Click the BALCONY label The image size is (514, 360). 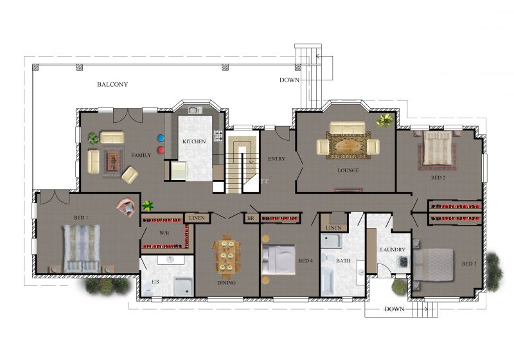[x=112, y=84]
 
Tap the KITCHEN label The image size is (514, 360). [x=194, y=141]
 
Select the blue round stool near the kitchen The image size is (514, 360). [x=161, y=138]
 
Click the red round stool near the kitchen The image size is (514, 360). [x=161, y=150]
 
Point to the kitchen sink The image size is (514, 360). [x=195, y=109]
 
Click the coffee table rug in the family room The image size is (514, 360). [x=114, y=161]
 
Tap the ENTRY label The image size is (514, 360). [x=277, y=159]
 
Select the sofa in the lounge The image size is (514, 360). [x=347, y=127]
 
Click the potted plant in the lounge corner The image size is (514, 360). [x=385, y=120]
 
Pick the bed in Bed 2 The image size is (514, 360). [x=437, y=148]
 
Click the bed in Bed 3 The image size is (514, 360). [x=433, y=265]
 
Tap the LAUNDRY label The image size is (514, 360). [x=393, y=249]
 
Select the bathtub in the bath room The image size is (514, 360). [x=327, y=281]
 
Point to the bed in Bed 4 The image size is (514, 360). [x=279, y=259]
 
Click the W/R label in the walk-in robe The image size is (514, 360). [x=164, y=233]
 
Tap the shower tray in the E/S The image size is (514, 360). [x=183, y=287]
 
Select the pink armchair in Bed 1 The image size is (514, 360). [x=126, y=207]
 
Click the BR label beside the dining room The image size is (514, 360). [x=251, y=218]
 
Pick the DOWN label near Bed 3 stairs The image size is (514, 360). [x=394, y=309]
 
